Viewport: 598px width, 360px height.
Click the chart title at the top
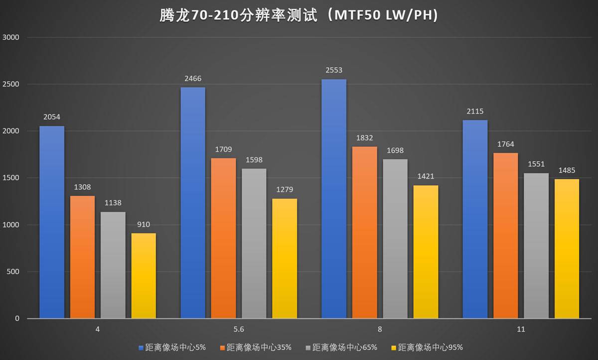pos(299,16)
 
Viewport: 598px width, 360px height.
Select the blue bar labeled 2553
pos(334,199)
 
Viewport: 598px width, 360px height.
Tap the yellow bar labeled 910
pos(144,276)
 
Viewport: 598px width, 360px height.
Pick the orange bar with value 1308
pos(82,257)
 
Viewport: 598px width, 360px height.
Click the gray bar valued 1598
pos(254,243)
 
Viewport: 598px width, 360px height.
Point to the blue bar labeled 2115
pos(475,219)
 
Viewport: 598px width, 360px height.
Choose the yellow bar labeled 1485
pos(567,248)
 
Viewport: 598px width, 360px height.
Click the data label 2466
pos(193,79)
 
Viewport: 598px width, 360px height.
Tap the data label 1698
pos(395,150)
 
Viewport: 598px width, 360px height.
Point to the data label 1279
pos(285,190)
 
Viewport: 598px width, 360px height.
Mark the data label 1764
pos(506,144)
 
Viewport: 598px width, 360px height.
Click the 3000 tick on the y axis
pos(10,37)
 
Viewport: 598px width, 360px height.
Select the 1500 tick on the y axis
pos(10,178)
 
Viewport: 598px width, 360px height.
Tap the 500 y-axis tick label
pos(12,272)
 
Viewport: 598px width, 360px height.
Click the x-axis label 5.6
pos(239,330)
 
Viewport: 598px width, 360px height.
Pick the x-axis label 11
pos(521,330)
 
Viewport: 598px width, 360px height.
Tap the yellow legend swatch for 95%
pos(394,347)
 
